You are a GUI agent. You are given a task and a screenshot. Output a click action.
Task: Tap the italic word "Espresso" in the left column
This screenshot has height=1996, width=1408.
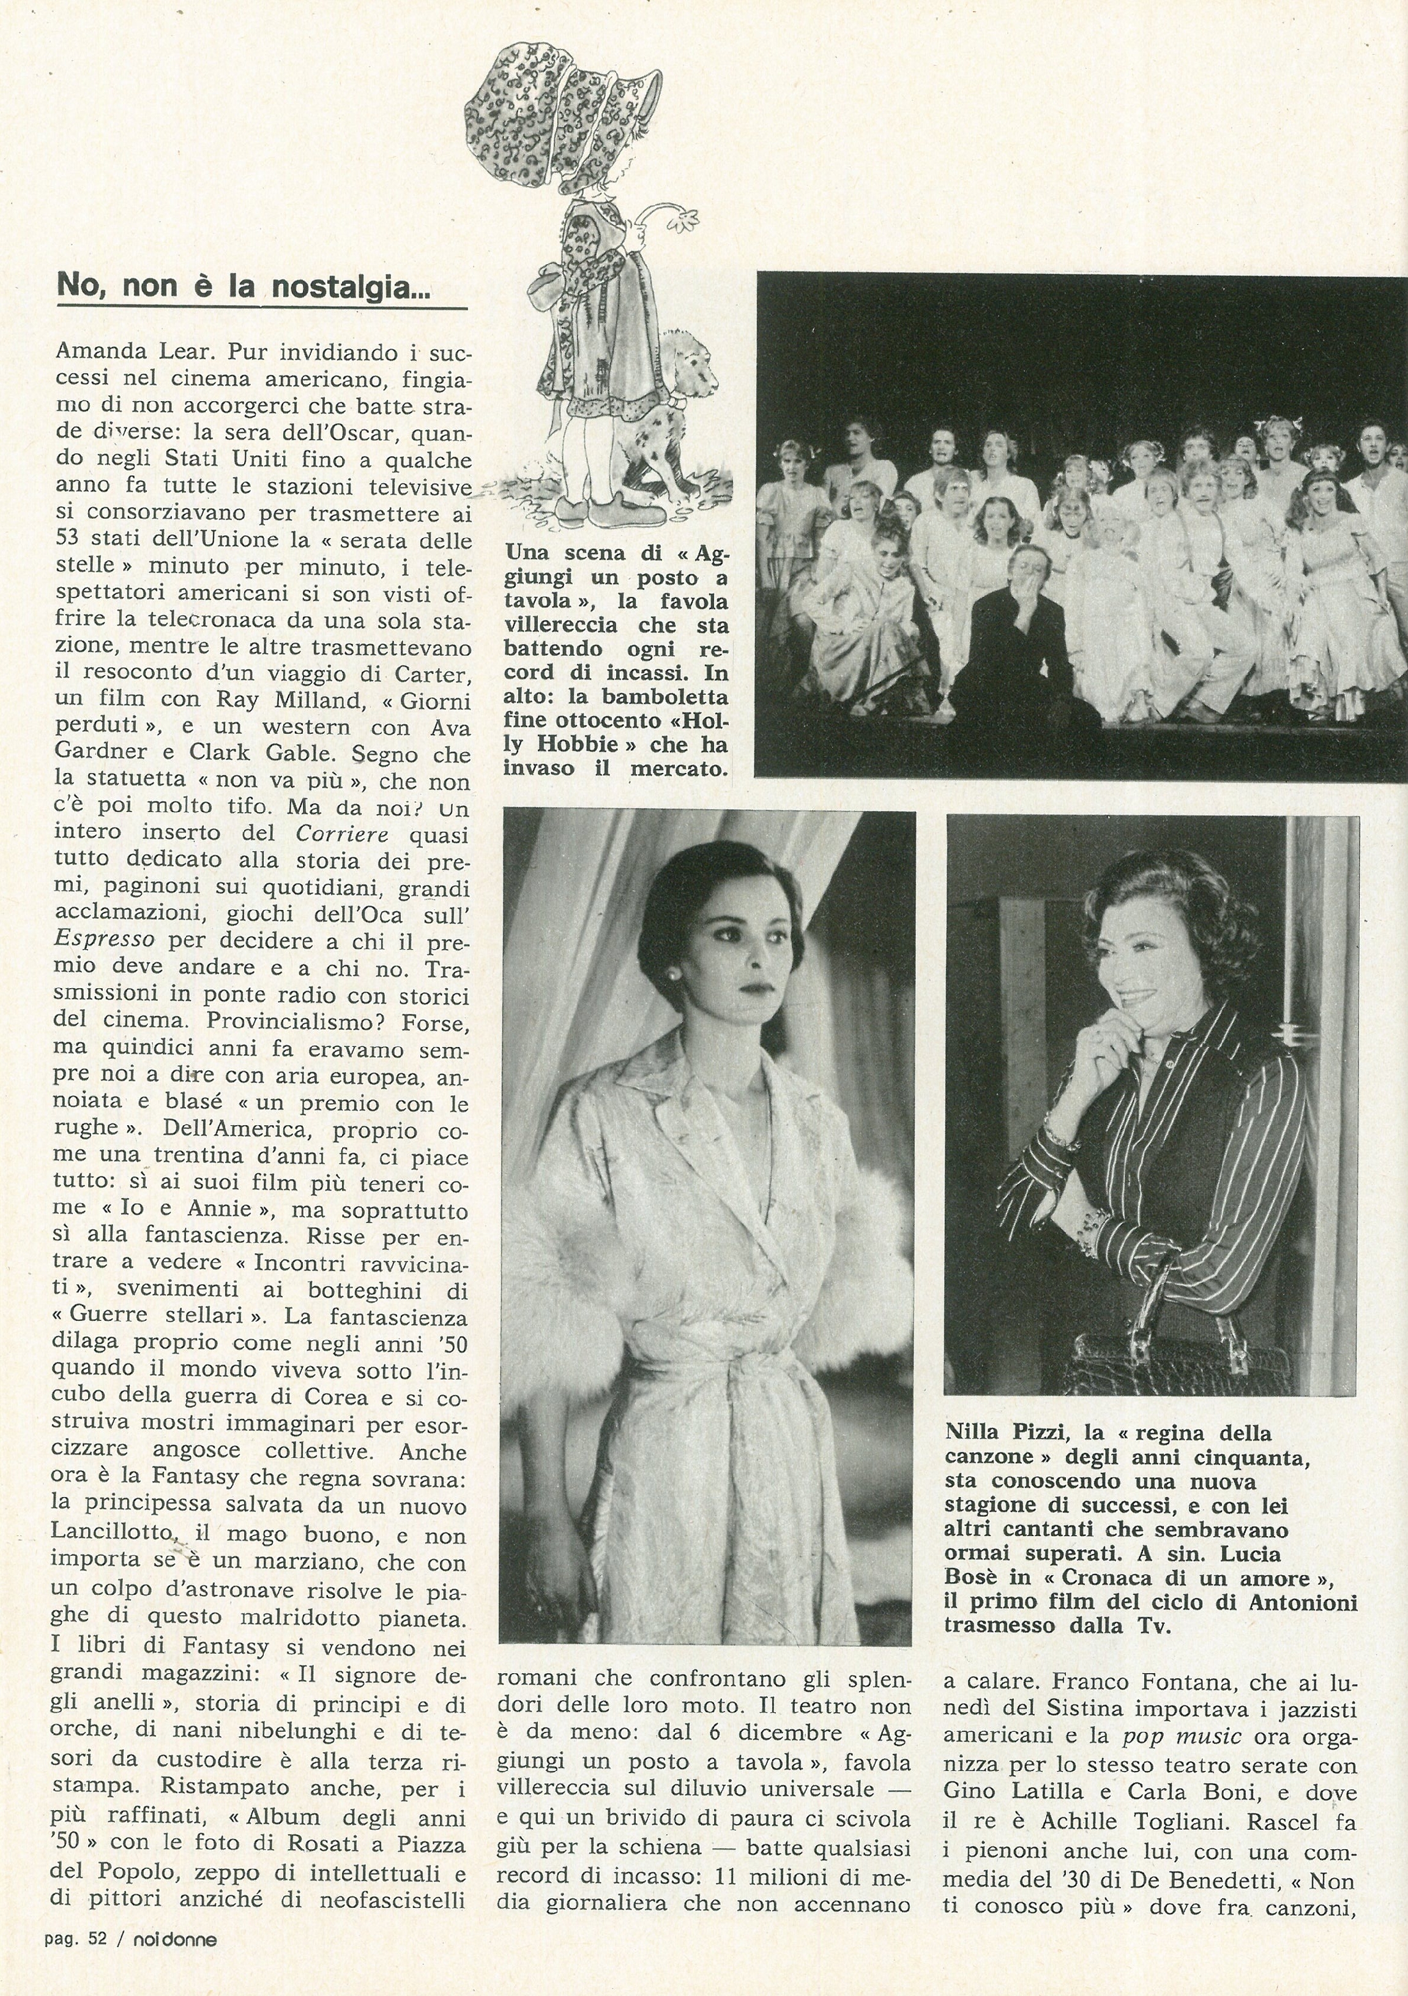(105, 939)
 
